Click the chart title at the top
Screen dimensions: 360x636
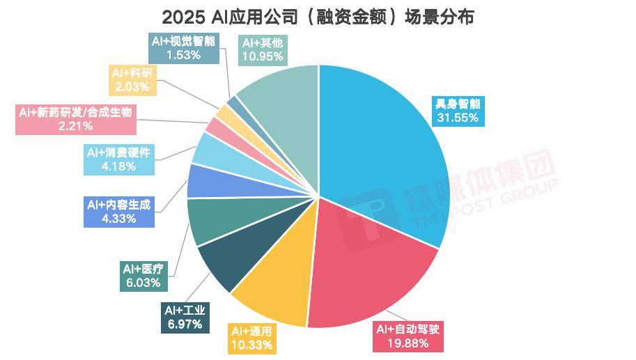(318, 17)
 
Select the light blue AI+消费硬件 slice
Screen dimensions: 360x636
(209, 150)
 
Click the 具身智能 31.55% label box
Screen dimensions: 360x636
(458, 111)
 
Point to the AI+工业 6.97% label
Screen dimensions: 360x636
(185, 317)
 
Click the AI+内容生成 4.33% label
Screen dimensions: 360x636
(118, 212)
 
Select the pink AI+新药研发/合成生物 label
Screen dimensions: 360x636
(76, 118)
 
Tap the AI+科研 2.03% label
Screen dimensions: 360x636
(132, 79)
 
